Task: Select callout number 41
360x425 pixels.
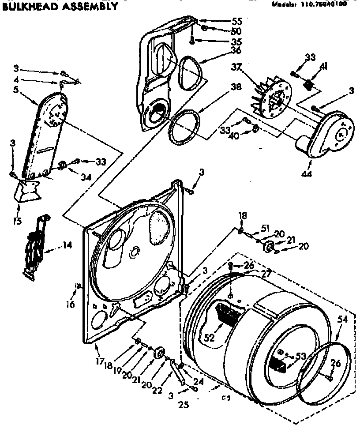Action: click(x=323, y=67)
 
